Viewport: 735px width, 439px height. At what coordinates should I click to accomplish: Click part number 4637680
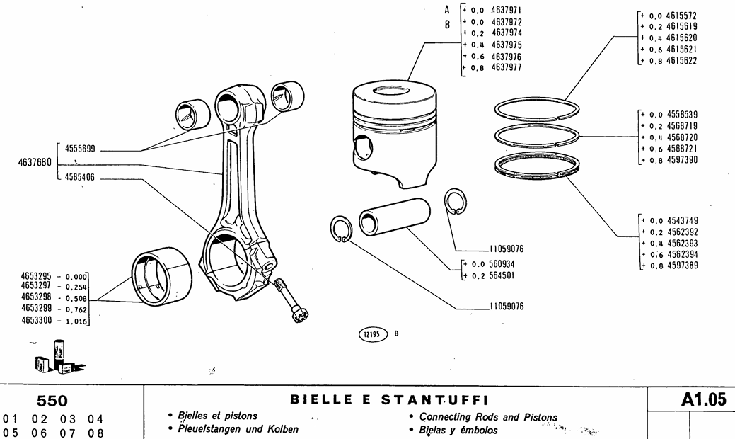click(34, 162)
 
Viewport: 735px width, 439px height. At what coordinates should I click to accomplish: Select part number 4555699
click(80, 149)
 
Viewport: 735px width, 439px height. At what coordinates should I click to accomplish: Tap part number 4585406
click(80, 177)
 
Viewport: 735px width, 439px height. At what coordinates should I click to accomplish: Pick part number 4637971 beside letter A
click(506, 11)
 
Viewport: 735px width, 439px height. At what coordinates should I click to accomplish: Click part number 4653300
click(37, 321)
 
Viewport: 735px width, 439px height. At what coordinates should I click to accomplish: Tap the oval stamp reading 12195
click(374, 334)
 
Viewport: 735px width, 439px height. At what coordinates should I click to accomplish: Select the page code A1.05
click(703, 399)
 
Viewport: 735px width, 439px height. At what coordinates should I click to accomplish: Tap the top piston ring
click(536, 108)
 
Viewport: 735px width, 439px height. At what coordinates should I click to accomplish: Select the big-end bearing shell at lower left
click(163, 278)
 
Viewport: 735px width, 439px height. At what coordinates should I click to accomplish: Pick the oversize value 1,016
click(75, 321)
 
